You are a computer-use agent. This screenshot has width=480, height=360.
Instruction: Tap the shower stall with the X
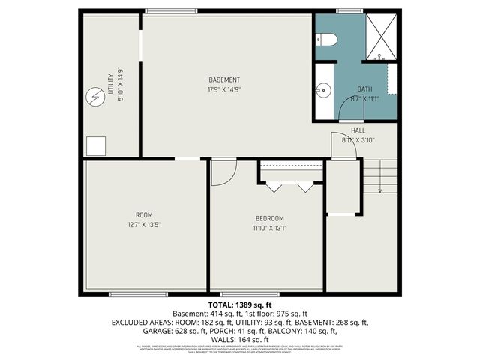pyautogui.click(x=381, y=36)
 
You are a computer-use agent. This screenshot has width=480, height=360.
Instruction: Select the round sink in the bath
pyautogui.click(x=323, y=89)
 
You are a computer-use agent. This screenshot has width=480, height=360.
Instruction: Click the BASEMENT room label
pyautogui.click(x=224, y=80)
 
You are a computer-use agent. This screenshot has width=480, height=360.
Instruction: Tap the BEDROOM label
pyautogui.click(x=270, y=218)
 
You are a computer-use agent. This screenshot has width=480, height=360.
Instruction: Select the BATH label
pyautogui.click(x=364, y=88)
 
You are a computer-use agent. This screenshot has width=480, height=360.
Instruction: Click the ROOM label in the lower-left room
pyautogui.click(x=144, y=214)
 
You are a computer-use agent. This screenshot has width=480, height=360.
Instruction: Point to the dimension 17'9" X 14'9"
pyautogui.click(x=224, y=89)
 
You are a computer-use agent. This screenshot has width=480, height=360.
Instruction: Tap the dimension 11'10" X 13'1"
pyautogui.click(x=270, y=228)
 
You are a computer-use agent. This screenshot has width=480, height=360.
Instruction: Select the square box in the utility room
pyautogui.click(x=95, y=145)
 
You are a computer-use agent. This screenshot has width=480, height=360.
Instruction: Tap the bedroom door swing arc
pyautogui.click(x=222, y=172)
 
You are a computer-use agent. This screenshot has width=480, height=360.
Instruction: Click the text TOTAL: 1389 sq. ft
pyautogui.click(x=240, y=304)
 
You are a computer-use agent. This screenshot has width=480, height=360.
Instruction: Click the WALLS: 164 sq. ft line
pyautogui.click(x=240, y=340)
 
